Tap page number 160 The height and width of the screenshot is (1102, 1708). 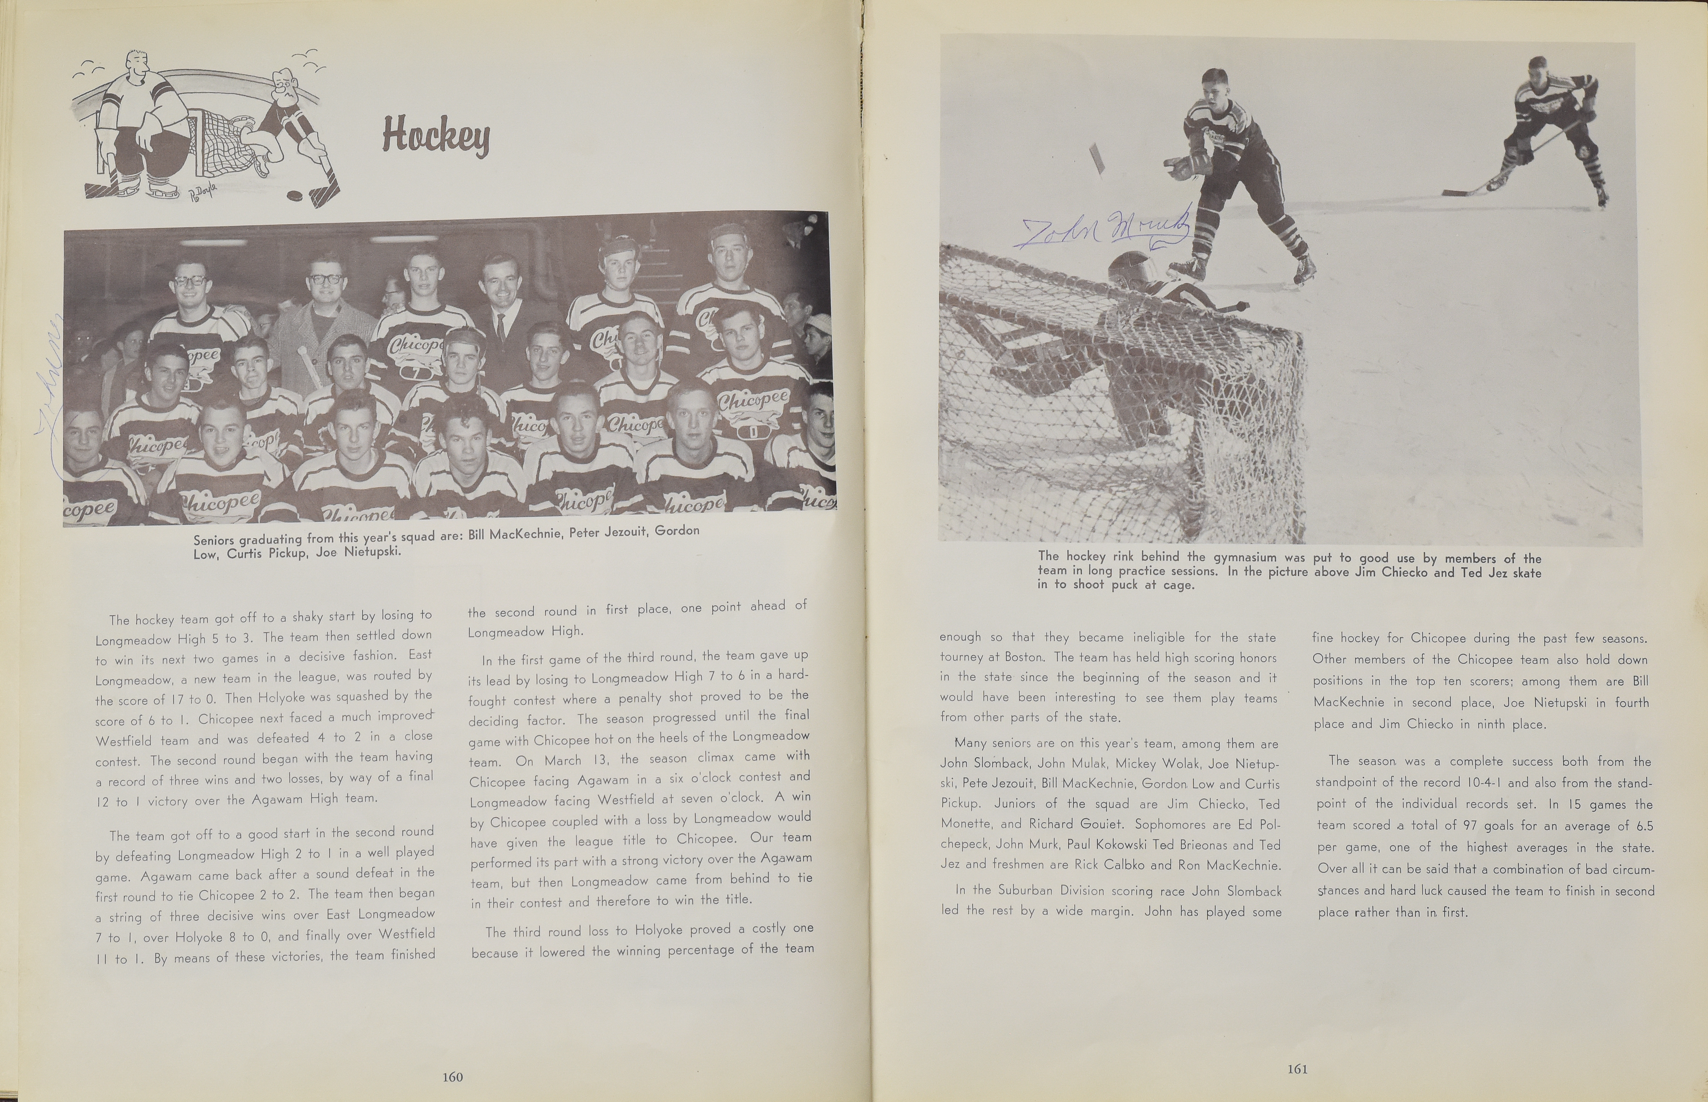point(452,1076)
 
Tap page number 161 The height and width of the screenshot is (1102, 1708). point(1297,1069)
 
